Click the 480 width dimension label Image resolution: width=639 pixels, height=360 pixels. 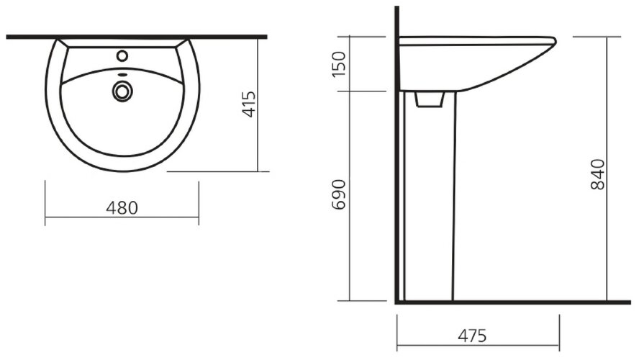pos(122,207)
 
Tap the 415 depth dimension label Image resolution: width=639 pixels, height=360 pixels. pos(249,104)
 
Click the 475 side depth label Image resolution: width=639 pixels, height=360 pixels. pos(471,336)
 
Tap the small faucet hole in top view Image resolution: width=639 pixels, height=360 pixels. pos(122,55)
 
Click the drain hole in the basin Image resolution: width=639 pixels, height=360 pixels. pos(123,90)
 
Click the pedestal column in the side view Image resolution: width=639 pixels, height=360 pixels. pos(429,202)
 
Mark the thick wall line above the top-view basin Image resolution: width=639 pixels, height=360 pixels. pos(137,36)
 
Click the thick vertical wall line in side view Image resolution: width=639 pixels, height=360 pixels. pos(396,158)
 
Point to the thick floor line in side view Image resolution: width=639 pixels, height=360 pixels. pos(504,302)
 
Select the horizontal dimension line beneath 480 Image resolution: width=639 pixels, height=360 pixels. pos(122,217)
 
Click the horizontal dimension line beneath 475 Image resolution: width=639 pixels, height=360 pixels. pos(477,345)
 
